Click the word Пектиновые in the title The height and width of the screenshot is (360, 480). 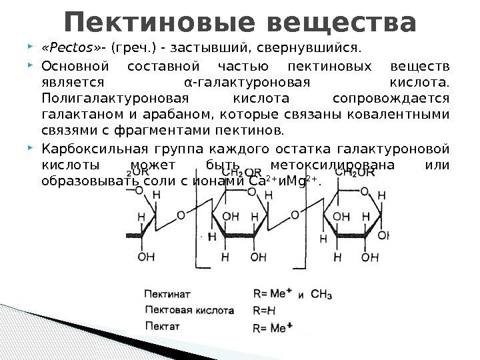[155, 21]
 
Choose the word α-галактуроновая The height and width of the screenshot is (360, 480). [246, 83]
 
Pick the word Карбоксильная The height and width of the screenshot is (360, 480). [87, 149]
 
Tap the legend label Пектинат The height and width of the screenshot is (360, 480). [167, 293]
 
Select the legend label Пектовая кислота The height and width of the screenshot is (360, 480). [189, 310]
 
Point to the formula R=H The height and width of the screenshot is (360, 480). [265, 310]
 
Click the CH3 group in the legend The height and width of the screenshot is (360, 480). [321, 294]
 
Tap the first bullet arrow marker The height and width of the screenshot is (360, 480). [33, 49]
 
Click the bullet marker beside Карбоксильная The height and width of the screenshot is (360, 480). [33, 149]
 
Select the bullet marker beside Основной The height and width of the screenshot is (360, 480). [33, 67]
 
